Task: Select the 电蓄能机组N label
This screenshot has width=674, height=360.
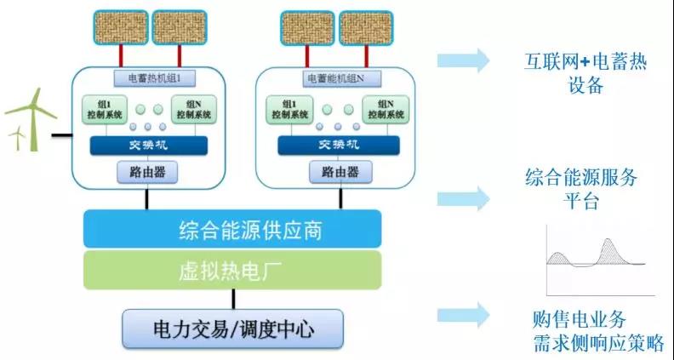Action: click(x=337, y=77)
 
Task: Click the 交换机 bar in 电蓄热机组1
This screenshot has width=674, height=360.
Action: click(x=149, y=145)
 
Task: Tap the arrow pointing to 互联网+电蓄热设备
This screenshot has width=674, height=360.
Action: click(x=464, y=60)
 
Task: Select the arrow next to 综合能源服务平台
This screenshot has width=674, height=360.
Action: click(x=464, y=197)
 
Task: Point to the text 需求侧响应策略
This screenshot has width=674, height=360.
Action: click(x=595, y=341)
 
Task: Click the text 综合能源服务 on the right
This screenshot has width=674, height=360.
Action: click(x=581, y=180)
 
